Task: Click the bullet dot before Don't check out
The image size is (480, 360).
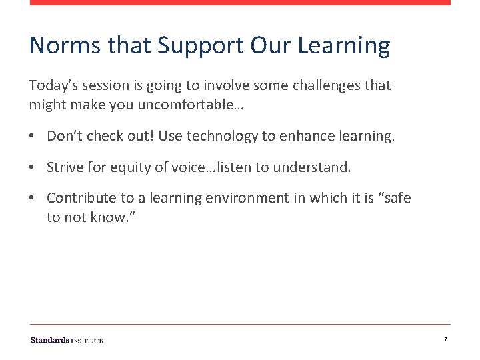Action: tap(32, 137)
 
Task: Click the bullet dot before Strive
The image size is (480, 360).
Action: tap(32, 167)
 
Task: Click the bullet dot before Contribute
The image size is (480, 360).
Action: tap(32, 198)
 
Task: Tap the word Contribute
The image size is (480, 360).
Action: tap(80, 198)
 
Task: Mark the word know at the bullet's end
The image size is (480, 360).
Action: tap(108, 217)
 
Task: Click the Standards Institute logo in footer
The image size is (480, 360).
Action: tap(67, 340)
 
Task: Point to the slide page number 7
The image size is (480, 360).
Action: tap(445, 340)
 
